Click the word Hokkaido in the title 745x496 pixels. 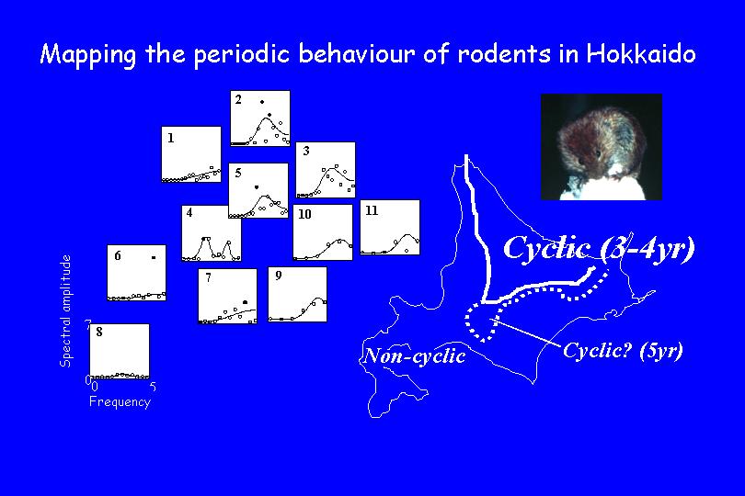[x=641, y=53]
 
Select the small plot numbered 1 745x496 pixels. [x=191, y=154]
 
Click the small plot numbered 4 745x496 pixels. [x=212, y=233]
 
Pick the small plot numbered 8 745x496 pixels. [x=120, y=352]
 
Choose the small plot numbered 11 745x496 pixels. [x=390, y=228]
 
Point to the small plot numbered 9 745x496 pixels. [x=297, y=294]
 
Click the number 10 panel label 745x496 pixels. [x=304, y=214]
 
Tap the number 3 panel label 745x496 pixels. [x=306, y=151]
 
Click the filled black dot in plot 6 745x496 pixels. [x=154, y=258]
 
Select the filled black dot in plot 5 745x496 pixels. [x=257, y=187]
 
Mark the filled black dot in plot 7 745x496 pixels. [x=246, y=302]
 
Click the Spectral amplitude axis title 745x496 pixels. [x=65, y=310]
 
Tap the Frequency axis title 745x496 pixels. [x=120, y=402]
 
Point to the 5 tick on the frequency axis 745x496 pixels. [x=153, y=387]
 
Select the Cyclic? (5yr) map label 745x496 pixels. [x=623, y=351]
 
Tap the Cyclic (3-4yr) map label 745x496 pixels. [x=599, y=248]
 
